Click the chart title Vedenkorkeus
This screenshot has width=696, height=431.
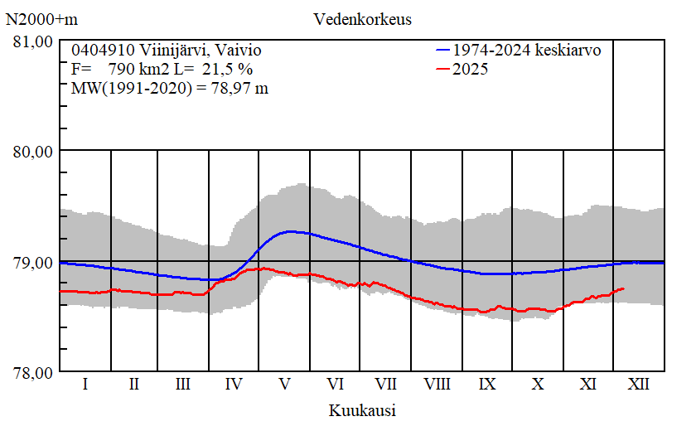(x=362, y=18)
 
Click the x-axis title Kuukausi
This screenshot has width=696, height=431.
(x=361, y=409)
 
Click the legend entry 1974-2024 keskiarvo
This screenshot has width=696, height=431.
(x=526, y=50)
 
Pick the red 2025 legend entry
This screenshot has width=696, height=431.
(x=470, y=69)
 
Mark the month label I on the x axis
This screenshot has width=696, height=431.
(x=85, y=385)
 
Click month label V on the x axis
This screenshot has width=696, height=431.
(x=285, y=385)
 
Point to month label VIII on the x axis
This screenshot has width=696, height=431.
(x=437, y=385)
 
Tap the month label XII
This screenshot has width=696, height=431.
(x=638, y=385)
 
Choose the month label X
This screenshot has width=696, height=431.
(x=538, y=385)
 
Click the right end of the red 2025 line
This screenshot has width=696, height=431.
(x=624, y=288)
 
